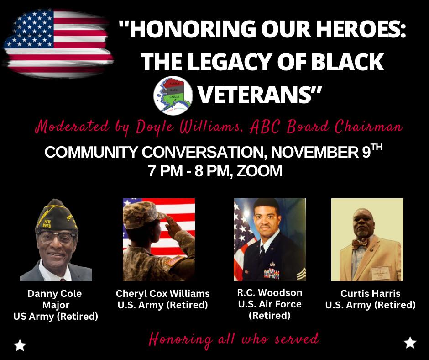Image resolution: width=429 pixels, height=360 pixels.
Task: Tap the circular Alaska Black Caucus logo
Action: click(x=173, y=95)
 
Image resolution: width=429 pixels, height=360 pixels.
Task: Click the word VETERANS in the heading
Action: click(x=259, y=95)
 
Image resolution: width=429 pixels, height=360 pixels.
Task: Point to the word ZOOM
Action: click(x=259, y=171)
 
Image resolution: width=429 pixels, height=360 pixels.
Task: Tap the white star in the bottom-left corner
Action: click(x=20, y=345)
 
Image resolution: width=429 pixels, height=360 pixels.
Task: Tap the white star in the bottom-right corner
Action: click(x=410, y=343)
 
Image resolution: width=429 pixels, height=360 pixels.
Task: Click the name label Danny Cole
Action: click(x=54, y=294)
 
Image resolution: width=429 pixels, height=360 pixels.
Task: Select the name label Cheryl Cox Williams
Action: click(x=162, y=294)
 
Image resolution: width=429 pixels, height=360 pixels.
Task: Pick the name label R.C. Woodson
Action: click(x=269, y=292)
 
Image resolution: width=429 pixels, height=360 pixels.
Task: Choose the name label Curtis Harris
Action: click(x=371, y=294)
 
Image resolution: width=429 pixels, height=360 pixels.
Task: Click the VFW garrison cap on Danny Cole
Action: click(x=56, y=216)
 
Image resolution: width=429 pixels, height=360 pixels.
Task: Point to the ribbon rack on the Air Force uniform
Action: click(x=272, y=273)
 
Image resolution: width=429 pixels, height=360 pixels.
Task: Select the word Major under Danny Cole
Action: click(x=56, y=305)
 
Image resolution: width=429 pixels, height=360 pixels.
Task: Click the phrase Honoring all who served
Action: click(x=234, y=339)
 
